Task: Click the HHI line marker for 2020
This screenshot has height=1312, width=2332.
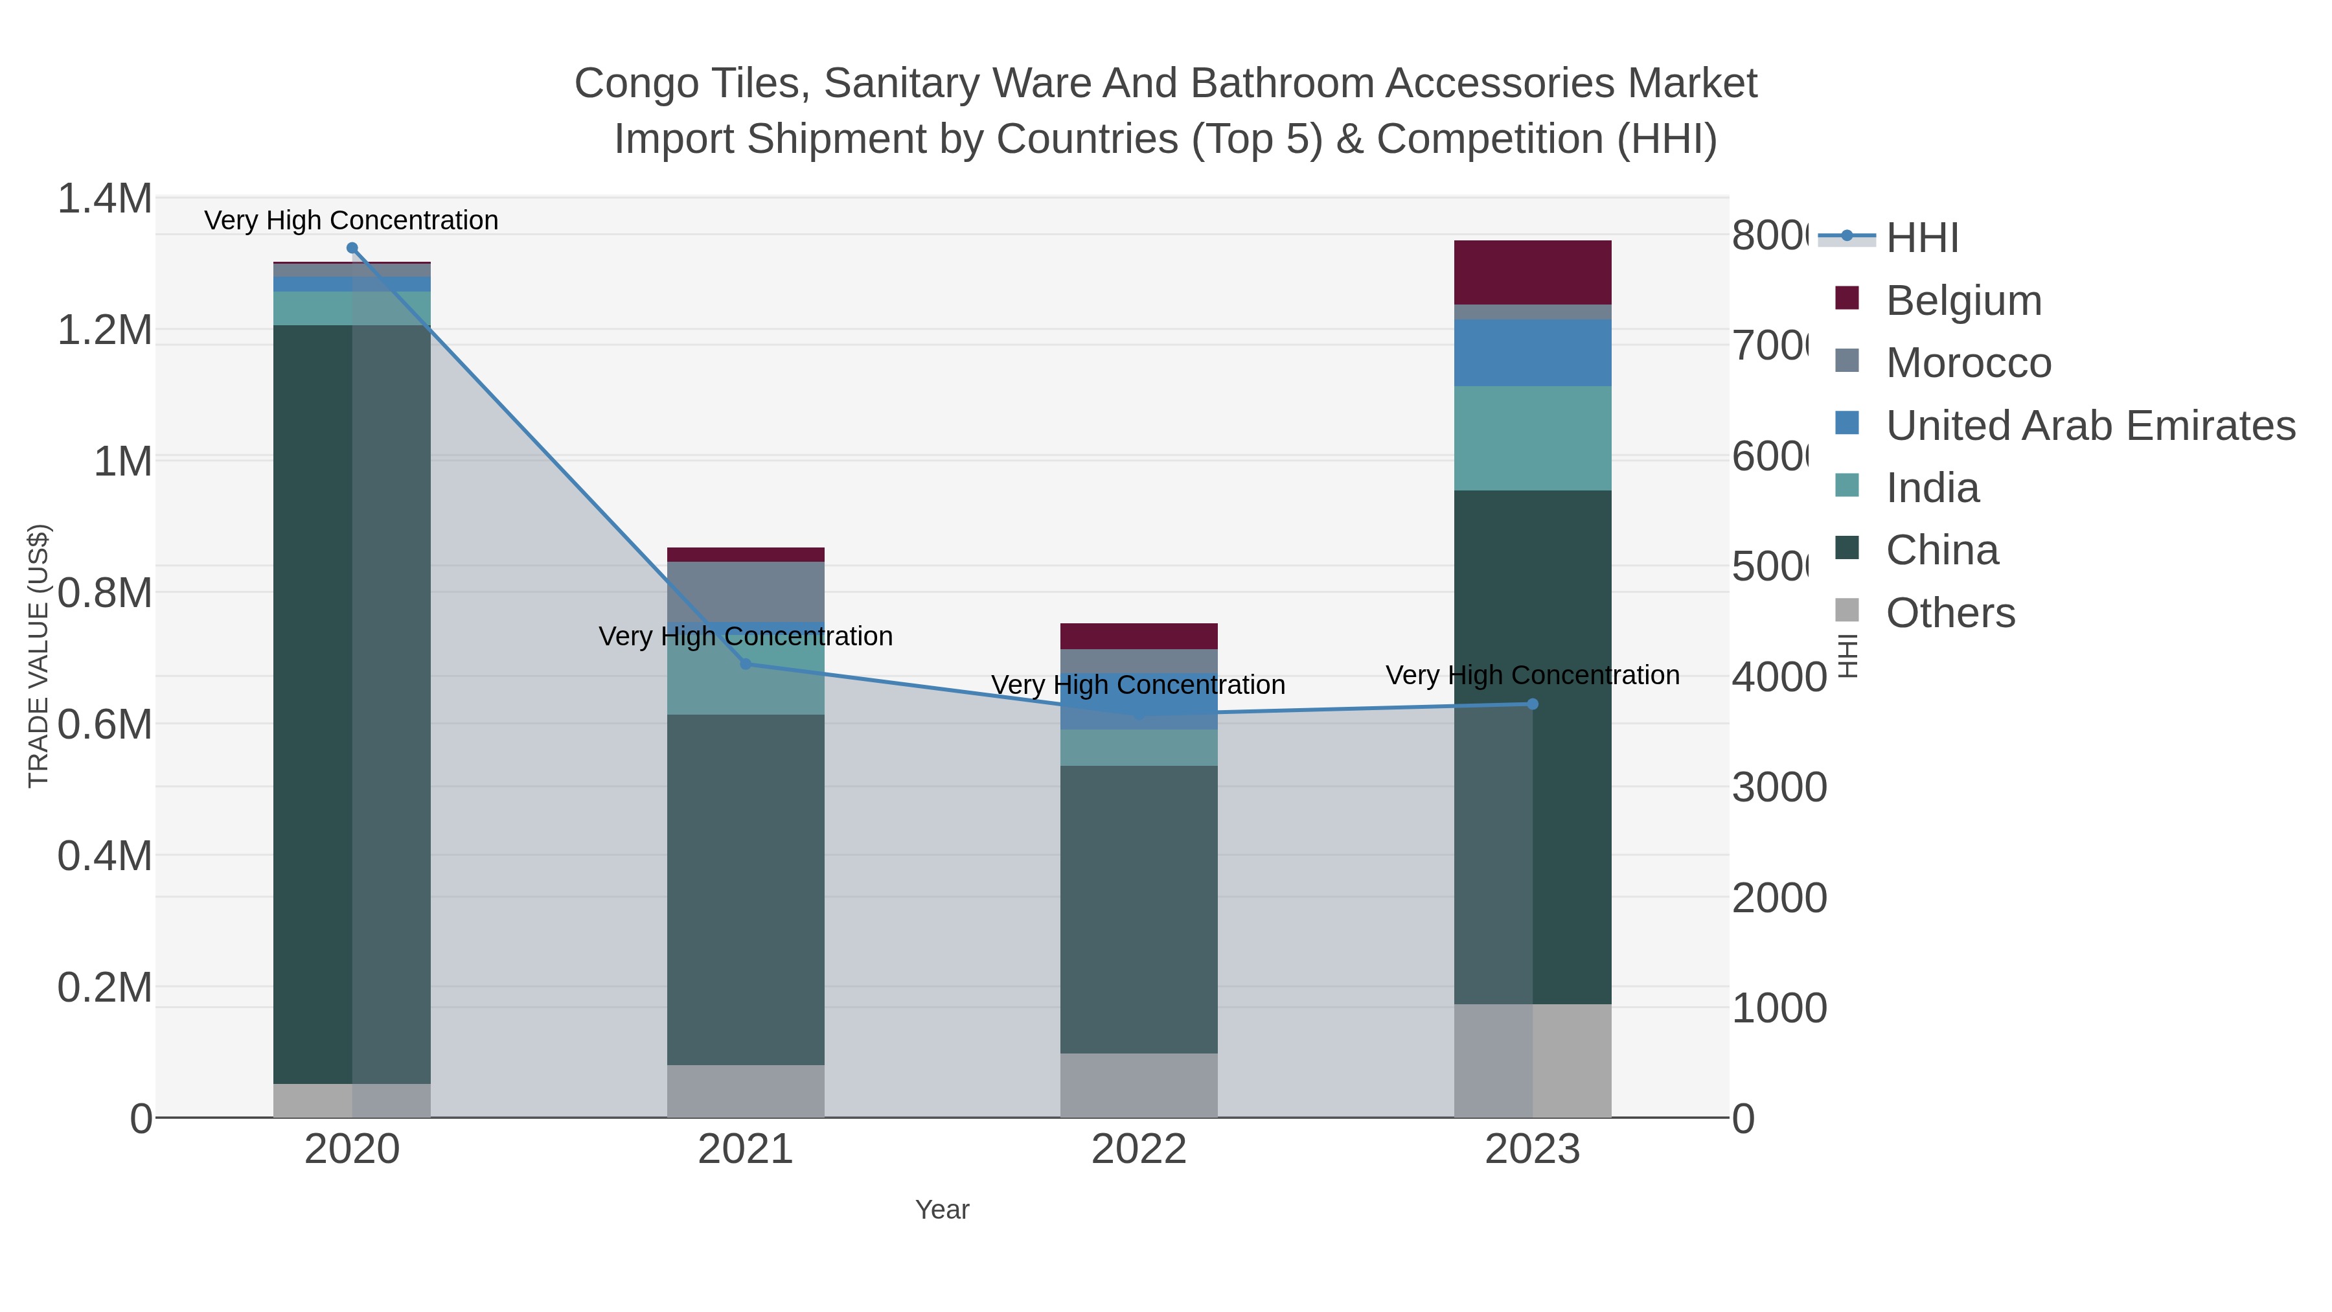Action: tap(352, 248)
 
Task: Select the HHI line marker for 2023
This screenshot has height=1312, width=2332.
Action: tap(1533, 704)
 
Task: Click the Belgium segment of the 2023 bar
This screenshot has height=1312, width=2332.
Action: tap(1533, 273)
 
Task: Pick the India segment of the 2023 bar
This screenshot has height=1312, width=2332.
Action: tap(1533, 438)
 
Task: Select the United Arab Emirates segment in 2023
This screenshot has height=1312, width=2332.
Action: tap(1533, 352)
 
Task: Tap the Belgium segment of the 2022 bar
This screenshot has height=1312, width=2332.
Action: tap(1139, 636)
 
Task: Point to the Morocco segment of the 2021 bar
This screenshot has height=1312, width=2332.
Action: tap(746, 590)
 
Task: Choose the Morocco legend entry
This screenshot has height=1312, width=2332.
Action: tap(1967, 363)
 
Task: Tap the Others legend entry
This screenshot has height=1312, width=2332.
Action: tap(1949, 613)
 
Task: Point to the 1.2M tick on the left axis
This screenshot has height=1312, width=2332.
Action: tap(105, 330)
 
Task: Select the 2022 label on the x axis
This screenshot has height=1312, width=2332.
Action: tap(1139, 1150)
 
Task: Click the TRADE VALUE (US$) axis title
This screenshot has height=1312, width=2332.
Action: tap(39, 656)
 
